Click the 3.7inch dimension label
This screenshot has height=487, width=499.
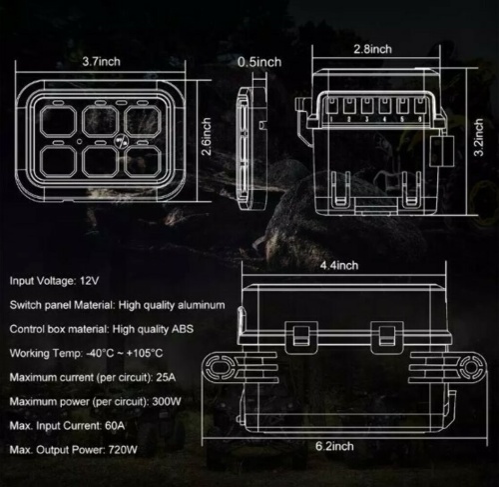tap(101, 62)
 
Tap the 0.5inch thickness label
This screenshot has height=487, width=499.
tap(259, 62)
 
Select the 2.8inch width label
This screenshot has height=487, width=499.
tap(372, 49)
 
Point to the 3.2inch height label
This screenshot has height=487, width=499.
tap(478, 137)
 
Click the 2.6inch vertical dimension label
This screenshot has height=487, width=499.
tap(207, 137)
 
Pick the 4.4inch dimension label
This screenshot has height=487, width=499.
tap(339, 266)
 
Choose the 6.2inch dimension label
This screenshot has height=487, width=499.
tap(334, 446)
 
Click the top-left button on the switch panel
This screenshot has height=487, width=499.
tap(59, 121)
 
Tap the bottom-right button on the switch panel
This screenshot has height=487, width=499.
tap(143, 161)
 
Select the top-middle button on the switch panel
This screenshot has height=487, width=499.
tap(101, 121)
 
